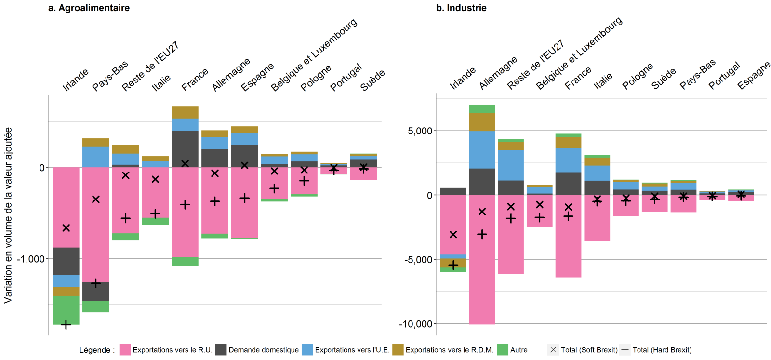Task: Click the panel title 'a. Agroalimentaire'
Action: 89,8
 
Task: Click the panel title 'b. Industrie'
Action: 461,8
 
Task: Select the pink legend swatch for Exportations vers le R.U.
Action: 125,350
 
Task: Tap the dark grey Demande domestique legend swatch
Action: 221,350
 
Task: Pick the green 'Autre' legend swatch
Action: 503,350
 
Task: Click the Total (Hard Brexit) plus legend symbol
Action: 625,350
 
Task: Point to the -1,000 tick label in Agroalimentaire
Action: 31,259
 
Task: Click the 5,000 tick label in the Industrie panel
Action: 420,131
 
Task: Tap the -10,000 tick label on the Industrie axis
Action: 415,324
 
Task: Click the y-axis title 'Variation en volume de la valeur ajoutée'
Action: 8,215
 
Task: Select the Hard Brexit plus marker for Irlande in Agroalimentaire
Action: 66,325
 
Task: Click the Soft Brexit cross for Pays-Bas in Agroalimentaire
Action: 96,199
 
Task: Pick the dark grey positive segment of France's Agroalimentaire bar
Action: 185,147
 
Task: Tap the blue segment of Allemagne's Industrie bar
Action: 482,149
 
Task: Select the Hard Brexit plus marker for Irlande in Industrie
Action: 453,266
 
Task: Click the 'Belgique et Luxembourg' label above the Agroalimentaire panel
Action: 314,55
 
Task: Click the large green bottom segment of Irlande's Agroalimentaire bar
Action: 66,309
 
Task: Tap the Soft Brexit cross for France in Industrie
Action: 569,207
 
